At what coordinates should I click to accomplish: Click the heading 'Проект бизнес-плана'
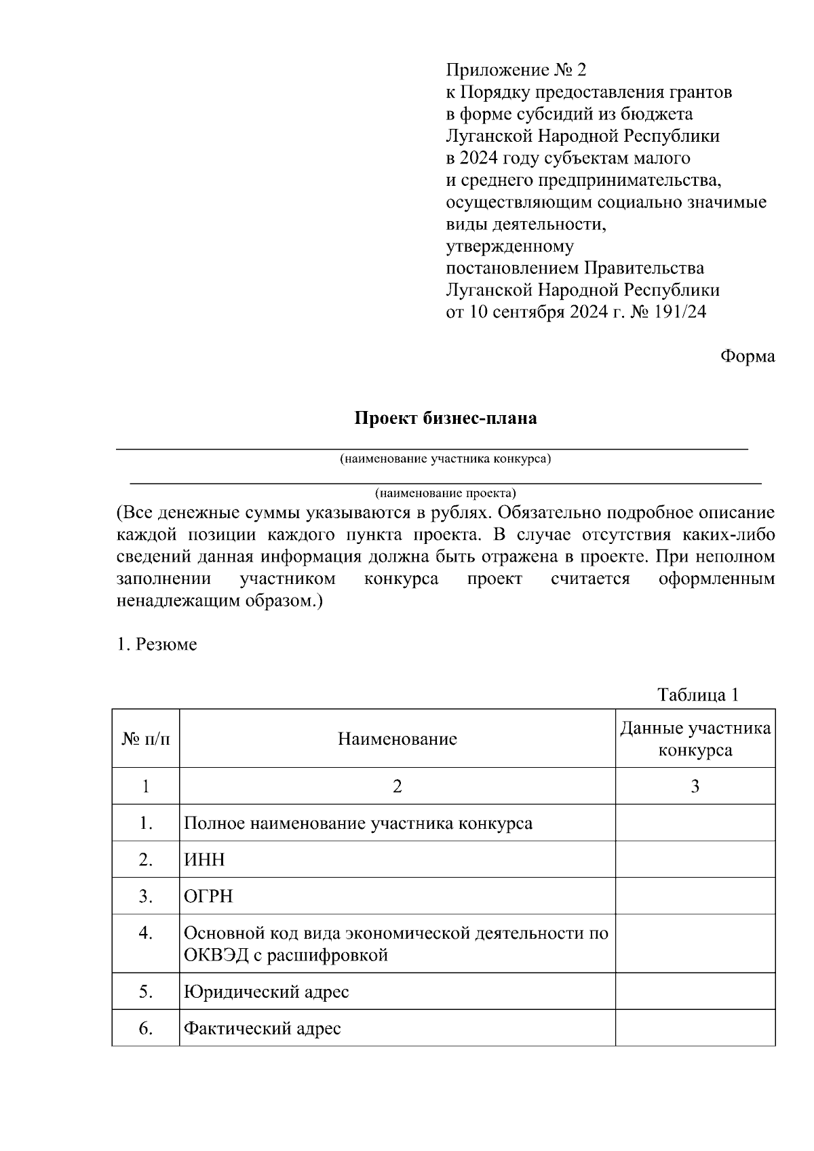(x=446, y=418)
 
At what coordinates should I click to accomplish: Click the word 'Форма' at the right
(x=747, y=356)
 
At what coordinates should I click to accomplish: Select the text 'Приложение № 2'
(x=515, y=70)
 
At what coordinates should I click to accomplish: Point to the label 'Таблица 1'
(x=697, y=695)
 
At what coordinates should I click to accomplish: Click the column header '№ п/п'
(x=146, y=739)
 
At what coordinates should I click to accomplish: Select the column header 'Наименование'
(x=398, y=739)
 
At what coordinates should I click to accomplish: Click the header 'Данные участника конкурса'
(x=695, y=739)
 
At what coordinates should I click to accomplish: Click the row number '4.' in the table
(x=146, y=933)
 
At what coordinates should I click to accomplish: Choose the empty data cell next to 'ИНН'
(x=695, y=860)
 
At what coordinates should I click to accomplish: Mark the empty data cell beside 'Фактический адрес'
(x=695, y=1028)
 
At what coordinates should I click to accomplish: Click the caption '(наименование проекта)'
(x=446, y=492)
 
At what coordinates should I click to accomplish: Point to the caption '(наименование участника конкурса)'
(x=446, y=459)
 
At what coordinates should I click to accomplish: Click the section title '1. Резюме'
(x=157, y=644)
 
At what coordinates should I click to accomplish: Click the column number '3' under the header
(x=695, y=786)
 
